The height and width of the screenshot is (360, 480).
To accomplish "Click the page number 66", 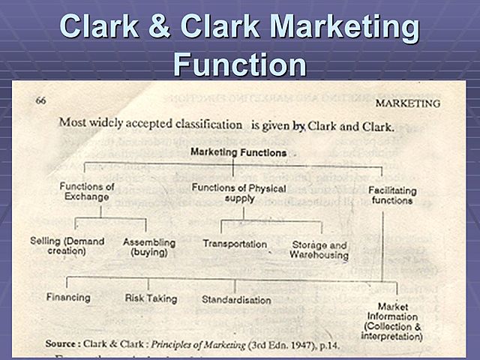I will pyautogui.click(x=42, y=100).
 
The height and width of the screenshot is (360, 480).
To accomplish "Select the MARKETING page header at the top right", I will pyautogui.click(x=407, y=102).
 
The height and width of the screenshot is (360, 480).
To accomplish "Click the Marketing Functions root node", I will pyautogui.click(x=238, y=152).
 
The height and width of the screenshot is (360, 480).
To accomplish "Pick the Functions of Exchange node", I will pyautogui.click(x=86, y=192).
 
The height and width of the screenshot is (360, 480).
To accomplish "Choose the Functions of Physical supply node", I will pyautogui.click(x=238, y=193).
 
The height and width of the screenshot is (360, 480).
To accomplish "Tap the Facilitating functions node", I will pyautogui.click(x=391, y=196).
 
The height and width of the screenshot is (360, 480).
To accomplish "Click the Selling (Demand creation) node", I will pyautogui.click(x=67, y=247).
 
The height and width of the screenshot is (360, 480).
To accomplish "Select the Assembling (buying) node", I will pyautogui.click(x=148, y=247).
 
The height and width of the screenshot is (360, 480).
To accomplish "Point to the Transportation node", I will pyautogui.click(x=234, y=244).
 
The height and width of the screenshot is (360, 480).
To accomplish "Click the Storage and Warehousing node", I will pyautogui.click(x=319, y=250).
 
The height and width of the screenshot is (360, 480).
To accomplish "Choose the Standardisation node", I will pyautogui.click(x=236, y=300).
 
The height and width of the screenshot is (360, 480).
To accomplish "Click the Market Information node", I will pyautogui.click(x=393, y=321).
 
